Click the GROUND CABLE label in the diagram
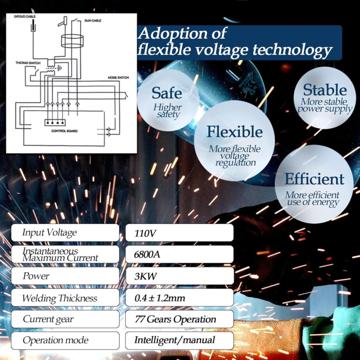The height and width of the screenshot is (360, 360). coord(25,17)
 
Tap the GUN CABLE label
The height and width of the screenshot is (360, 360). coord(93,21)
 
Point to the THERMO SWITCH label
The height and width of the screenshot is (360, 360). coord(28,63)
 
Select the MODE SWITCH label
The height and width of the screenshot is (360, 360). coord(118,77)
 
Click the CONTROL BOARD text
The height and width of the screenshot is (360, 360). coord(64,131)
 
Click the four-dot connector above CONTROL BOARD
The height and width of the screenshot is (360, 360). coord(55,122)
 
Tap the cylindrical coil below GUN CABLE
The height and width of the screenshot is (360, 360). coord(72,41)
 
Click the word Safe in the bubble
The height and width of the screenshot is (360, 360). coord(166,93)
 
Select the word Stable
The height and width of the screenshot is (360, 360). coord(325,90)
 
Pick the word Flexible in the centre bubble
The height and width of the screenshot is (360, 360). coord(234,131)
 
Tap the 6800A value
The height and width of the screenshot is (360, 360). coord(147,254)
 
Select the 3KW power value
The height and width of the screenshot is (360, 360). coord(145,276)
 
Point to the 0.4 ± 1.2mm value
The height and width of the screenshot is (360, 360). coord(160,298)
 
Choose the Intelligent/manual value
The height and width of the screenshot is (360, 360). coord(175,340)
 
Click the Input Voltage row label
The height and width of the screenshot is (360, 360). coord(49,233)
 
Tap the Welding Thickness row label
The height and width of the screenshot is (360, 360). coord(60,298)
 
